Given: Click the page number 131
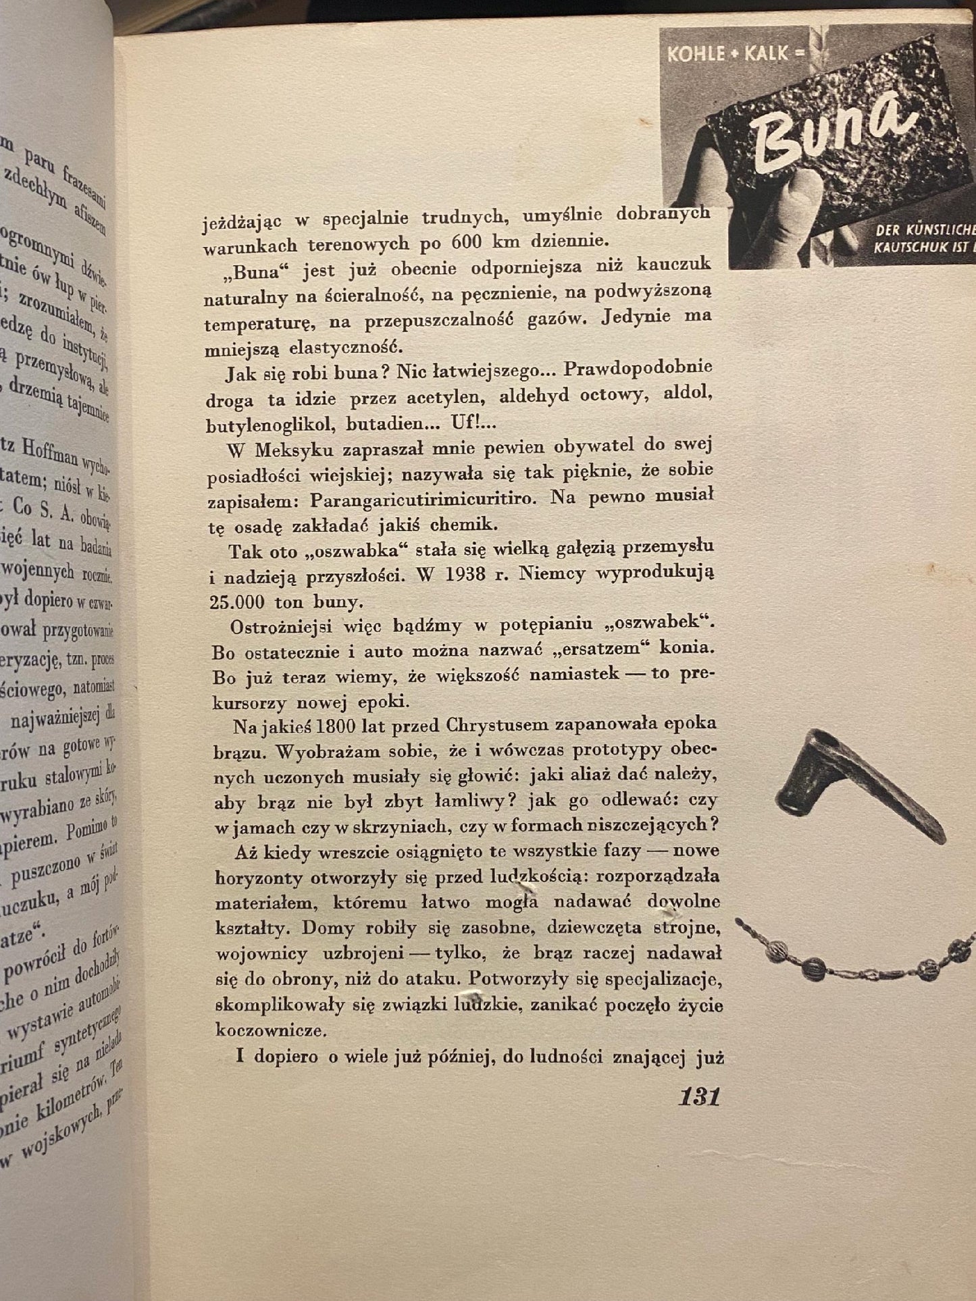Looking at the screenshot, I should (x=698, y=1096).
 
